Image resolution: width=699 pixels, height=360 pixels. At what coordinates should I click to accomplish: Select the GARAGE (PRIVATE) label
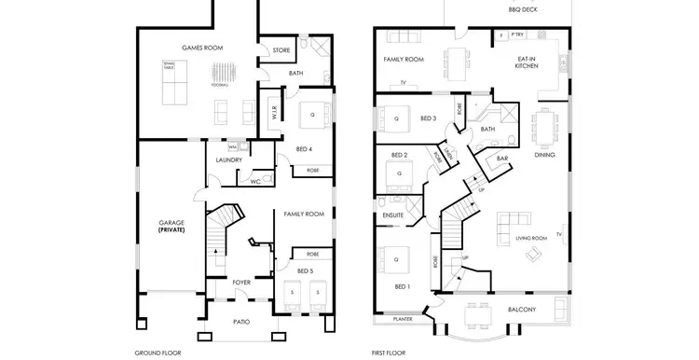click(171, 226)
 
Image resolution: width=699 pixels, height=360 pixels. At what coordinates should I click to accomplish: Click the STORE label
click(282, 50)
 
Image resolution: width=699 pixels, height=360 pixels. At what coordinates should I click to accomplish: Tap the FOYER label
click(241, 279)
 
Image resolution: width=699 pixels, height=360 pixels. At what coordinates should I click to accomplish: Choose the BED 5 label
click(306, 270)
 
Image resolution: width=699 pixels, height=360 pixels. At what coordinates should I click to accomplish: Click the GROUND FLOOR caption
click(158, 353)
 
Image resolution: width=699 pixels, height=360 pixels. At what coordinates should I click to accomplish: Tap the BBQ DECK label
click(523, 10)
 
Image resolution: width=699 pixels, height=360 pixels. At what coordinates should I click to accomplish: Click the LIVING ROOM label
click(531, 239)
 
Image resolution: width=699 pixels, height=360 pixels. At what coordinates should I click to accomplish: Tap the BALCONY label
click(521, 309)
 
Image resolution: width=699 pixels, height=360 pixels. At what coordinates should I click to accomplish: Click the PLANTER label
click(403, 319)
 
